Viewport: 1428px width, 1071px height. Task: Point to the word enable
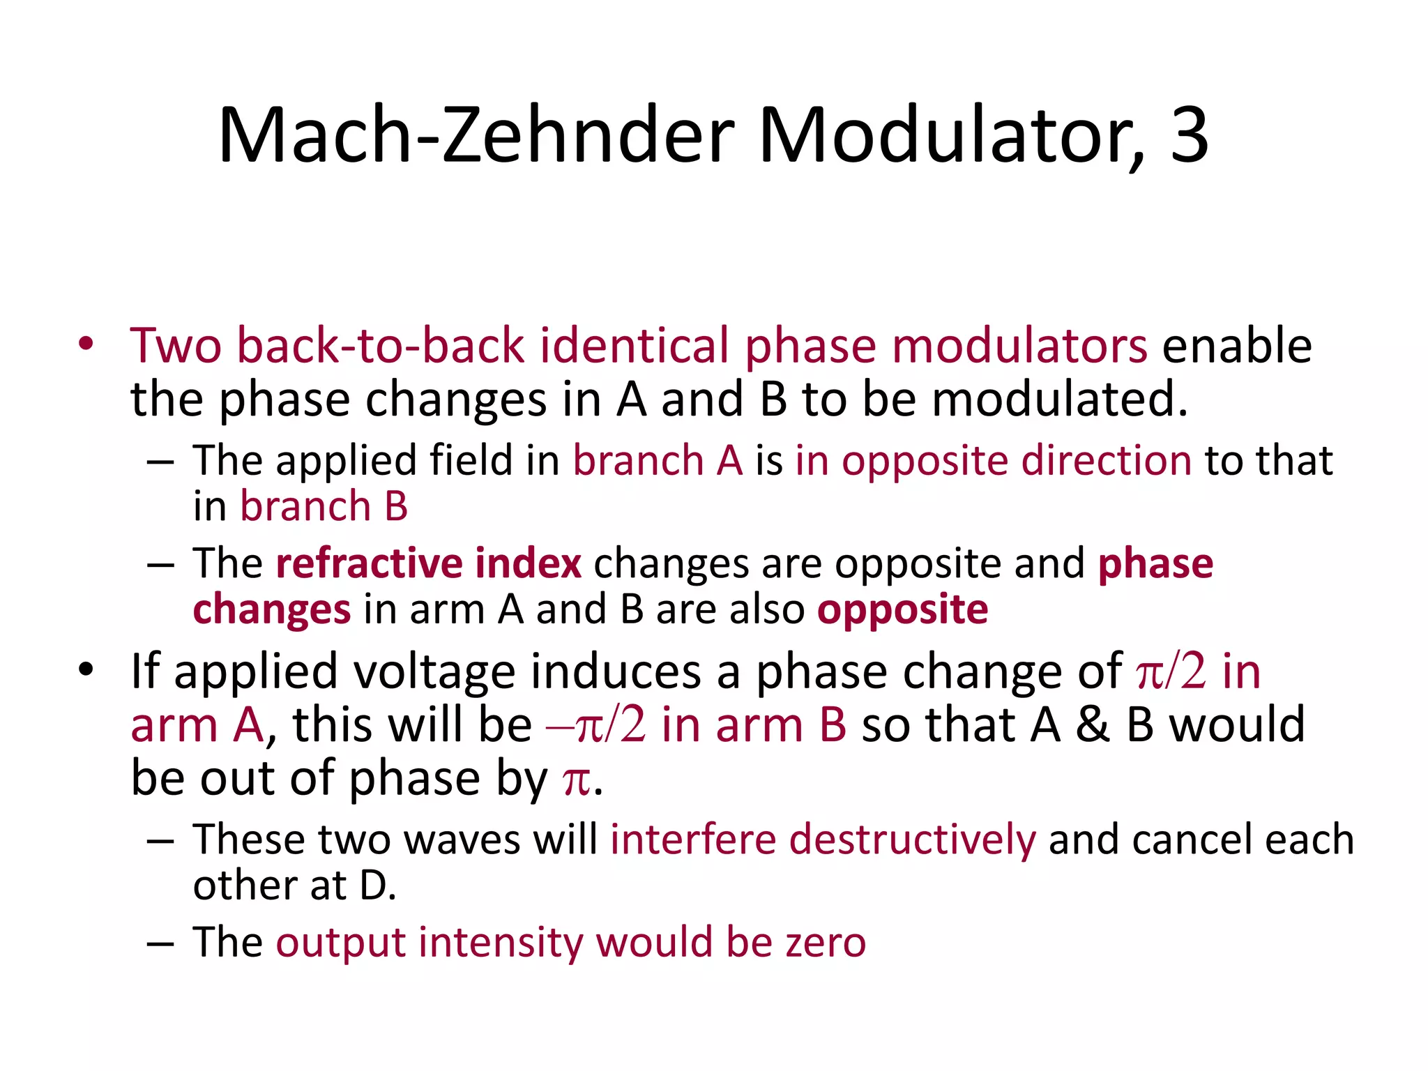(x=1237, y=346)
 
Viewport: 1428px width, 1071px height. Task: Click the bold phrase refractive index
(x=428, y=563)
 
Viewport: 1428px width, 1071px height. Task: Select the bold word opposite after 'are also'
(x=902, y=609)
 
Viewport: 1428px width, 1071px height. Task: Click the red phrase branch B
(x=324, y=506)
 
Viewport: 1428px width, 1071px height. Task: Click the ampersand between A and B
(x=1092, y=724)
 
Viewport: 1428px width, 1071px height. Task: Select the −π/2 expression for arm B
(x=596, y=724)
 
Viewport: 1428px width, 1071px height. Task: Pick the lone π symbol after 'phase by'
(x=576, y=779)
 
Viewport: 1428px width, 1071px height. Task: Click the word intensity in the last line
(x=501, y=943)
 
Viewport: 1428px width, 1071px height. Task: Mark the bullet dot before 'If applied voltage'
(x=86, y=670)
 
